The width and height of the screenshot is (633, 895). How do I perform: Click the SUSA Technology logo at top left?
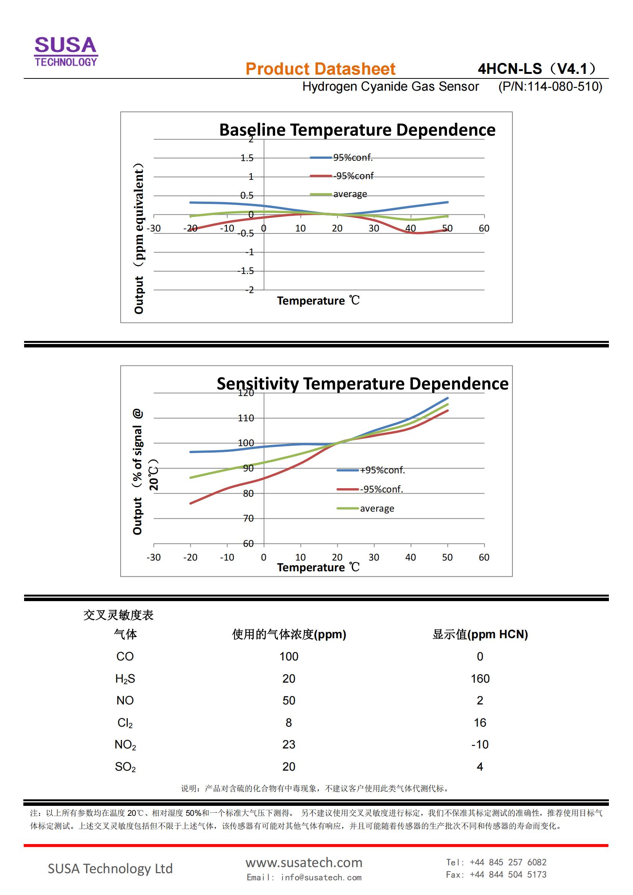pyautogui.click(x=66, y=51)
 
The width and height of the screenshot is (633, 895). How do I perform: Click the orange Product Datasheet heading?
pyautogui.click(x=320, y=69)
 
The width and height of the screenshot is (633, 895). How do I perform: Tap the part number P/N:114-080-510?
pyautogui.click(x=550, y=86)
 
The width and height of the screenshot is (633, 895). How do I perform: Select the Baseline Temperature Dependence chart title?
pyautogui.click(x=357, y=130)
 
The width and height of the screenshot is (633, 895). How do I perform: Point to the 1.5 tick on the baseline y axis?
pyautogui.click(x=247, y=158)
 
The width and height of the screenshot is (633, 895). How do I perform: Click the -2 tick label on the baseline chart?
pyautogui.click(x=250, y=290)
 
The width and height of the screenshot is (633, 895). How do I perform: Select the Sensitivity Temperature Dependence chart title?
pyautogui.click(x=362, y=383)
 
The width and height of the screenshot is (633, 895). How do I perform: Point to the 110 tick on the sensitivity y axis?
pyautogui.click(x=246, y=418)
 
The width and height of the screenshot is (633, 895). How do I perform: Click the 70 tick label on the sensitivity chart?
pyautogui.click(x=248, y=518)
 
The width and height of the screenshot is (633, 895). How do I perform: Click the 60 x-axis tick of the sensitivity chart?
pyautogui.click(x=484, y=557)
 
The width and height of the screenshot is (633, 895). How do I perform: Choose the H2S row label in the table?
pyautogui.click(x=125, y=679)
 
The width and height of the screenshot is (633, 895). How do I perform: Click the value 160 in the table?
pyautogui.click(x=480, y=679)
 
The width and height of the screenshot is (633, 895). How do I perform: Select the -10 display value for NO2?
pyautogui.click(x=480, y=745)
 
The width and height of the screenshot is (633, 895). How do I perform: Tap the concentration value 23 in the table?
pyautogui.click(x=289, y=745)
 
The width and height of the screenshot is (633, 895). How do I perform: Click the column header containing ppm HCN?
pyautogui.click(x=480, y=634)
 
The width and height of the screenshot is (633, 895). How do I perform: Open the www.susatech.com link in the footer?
pyautogui.click(x=303, y=862)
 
